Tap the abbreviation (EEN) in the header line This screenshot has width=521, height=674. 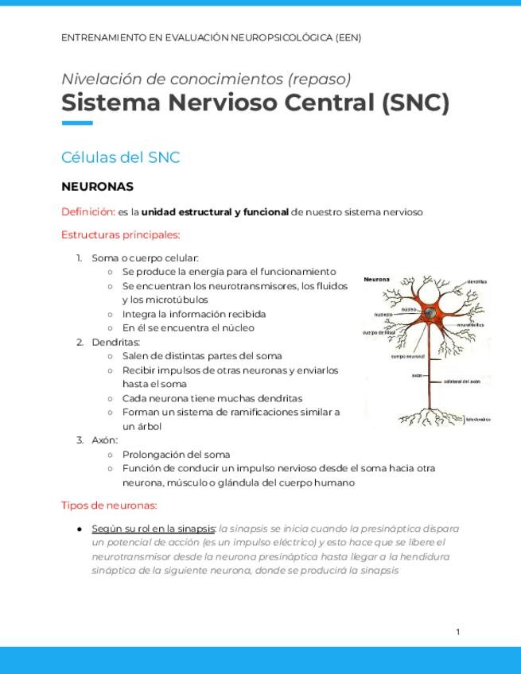pyautogui.click(x=348, y=37)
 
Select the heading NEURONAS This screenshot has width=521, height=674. pyautogui.click(x=97, y=187)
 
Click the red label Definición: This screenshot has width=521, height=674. pyautogui.click(x=87, y=212)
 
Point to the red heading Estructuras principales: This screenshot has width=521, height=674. pyautogui.click(x=121, y=234)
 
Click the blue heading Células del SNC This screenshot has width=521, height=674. pyautogui.click(x=121, y=157)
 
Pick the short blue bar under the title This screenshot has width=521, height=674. pyautogui.click(x=77, y=122)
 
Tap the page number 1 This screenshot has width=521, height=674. pyautogui.click(x=458, y=632)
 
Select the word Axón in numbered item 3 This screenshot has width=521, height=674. pyautogui.click(x=104, y=440)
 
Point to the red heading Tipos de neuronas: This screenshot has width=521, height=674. pyautogui.click(x=109, y=505)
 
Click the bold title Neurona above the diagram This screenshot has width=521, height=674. pyautogui.click(x=377, y=280)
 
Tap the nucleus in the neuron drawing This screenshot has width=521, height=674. pyautogui.click(x=429, y=313)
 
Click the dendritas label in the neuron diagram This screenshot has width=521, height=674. pyautogui.click(x=476, y=282)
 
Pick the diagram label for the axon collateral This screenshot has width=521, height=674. pyautogui.click(x=461, y=382)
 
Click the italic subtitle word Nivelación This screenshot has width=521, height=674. pyautogui.click(x=93, y=79)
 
